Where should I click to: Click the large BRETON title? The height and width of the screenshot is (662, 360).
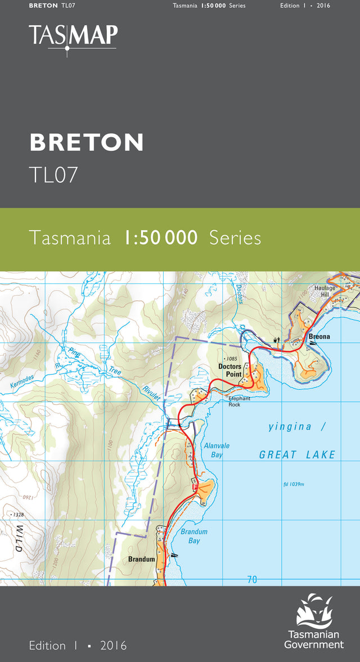coord(87,143)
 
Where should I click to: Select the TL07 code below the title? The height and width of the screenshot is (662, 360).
coord(53,174)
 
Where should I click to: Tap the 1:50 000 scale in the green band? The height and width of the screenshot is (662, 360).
coord(161,238)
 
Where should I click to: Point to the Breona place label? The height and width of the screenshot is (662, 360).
coord(319,337)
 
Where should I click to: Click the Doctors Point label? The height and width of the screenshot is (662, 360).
coord(230,370)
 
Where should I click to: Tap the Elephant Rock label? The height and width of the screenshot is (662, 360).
coord(239,401)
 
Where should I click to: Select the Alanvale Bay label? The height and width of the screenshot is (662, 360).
coord(217,450)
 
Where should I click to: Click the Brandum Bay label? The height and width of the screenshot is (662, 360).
coord(194,536)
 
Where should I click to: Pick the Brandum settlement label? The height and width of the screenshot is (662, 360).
coord(141,559)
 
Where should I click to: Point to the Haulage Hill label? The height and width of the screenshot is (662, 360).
coord(325,291)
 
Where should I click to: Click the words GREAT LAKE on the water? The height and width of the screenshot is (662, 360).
coord(297,454)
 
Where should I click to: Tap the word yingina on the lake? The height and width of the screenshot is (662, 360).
coord(290,427)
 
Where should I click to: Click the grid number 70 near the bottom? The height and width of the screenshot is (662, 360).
coord(252,579)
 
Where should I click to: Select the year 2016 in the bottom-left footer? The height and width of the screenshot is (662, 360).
coord(114,646)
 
